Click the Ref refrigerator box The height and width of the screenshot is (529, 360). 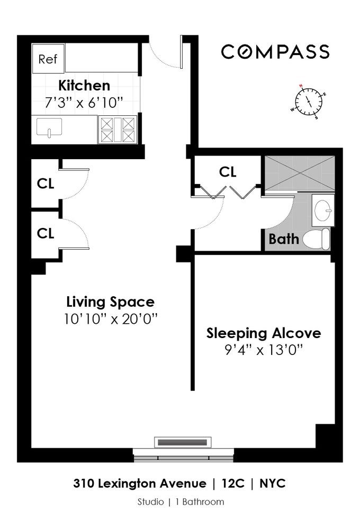click(x=48, y=59)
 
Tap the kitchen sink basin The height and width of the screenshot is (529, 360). click(x=49, y=127)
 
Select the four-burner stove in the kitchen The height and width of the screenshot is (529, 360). click(x=118, y=130)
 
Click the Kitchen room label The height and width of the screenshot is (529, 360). click(x=84, y=86)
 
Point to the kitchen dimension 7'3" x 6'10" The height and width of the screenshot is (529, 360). click(x=84, y=102)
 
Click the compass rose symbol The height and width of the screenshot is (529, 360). click(x=308, y=101)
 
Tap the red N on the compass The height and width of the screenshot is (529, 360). click(x=301, y=85)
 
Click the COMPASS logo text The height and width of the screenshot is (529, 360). click(x=275, y=52)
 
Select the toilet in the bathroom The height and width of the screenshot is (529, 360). click(x=316, y=239)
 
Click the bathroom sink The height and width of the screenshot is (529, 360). click(x=323, y=210)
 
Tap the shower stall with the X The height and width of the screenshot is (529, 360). click(x=300, y=174)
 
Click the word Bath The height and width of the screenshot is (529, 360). click(x=284, y=239)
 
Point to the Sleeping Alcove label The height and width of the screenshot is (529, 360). click(x=264, y=333)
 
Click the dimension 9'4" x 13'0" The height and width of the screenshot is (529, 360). click(x=264, y=350)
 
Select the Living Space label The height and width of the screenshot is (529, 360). click(x=111, y=302)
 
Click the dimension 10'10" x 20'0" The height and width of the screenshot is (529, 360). click(x=111, y=318)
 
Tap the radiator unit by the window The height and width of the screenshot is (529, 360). click(x=183, y=442)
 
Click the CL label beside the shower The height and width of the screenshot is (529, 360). click(x=228, y=172)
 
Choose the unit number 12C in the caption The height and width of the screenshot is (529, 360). click(x=233, y=484)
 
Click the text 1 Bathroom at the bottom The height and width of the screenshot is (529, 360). click(x=200, y=502)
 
